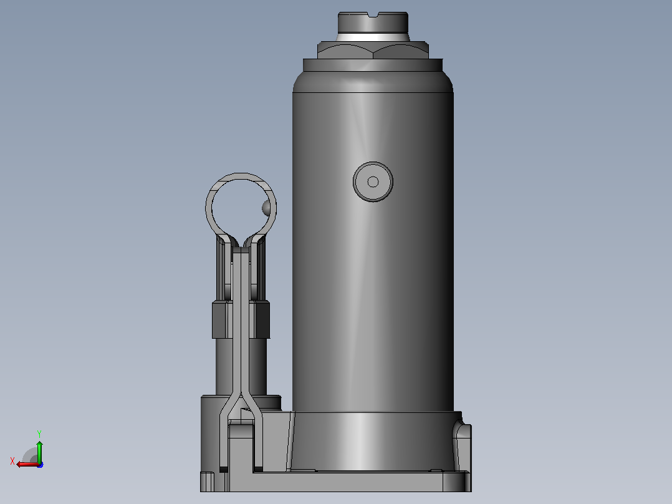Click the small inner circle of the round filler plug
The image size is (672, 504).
point(373,182)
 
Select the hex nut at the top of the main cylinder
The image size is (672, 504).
point(373,50)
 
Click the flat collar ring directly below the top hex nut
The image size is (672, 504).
point(373,65)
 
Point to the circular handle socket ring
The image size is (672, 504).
point(241,177)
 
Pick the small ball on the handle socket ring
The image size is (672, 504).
point(266,208)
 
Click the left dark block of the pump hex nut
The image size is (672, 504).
point(219,319)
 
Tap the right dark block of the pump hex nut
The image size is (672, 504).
point(262,319)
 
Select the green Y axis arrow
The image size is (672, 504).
point(39,451)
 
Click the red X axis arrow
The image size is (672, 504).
point(28,464)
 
